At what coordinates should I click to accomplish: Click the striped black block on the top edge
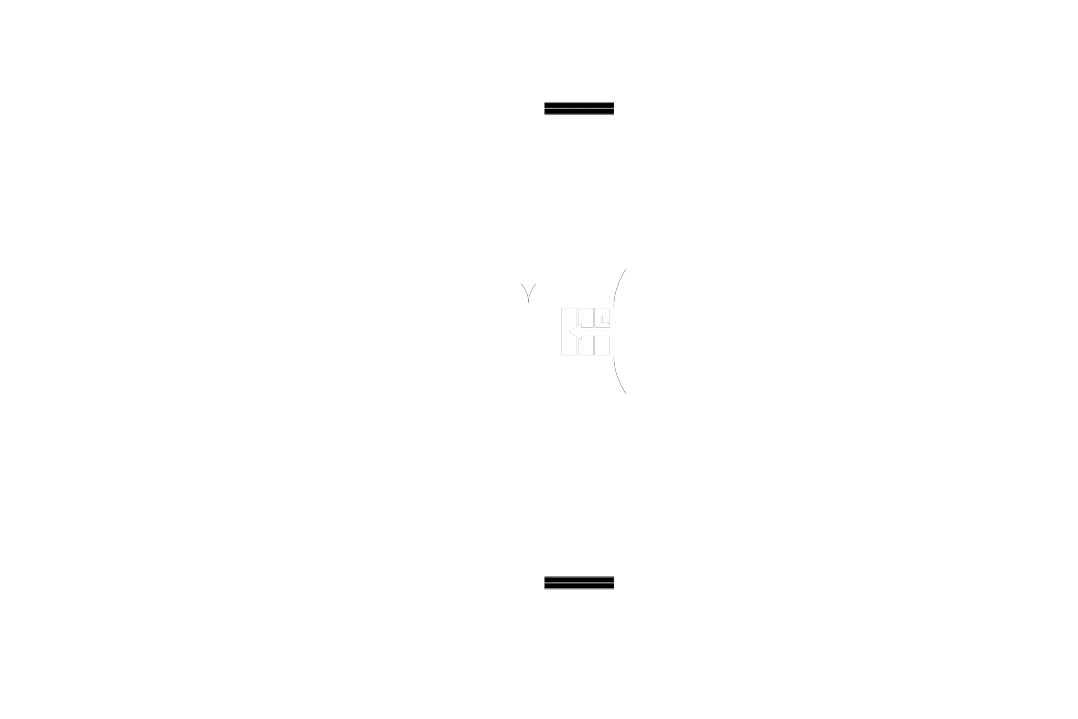(579, 109)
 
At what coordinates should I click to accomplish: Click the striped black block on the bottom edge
(579, 583)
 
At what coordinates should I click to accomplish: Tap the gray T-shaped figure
(528, 293)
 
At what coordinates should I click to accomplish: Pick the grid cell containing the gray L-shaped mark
(603, 318)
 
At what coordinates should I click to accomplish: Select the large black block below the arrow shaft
(637, 349)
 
